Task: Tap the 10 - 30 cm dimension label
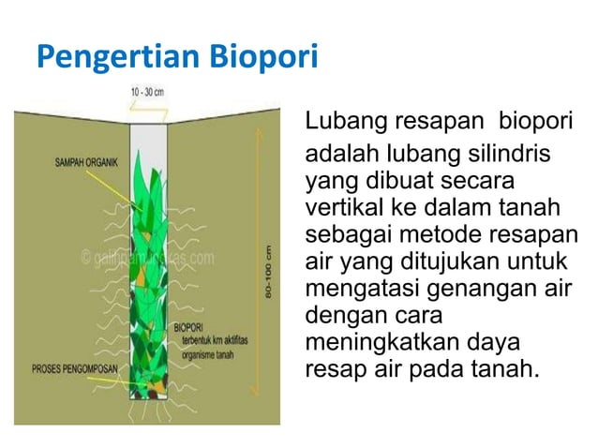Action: pos(146,91)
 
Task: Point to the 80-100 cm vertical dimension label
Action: pos(268,273)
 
